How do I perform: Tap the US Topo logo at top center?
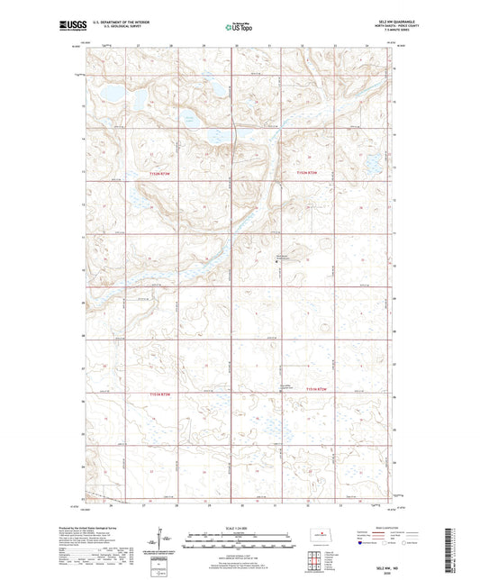pos(239,27)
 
